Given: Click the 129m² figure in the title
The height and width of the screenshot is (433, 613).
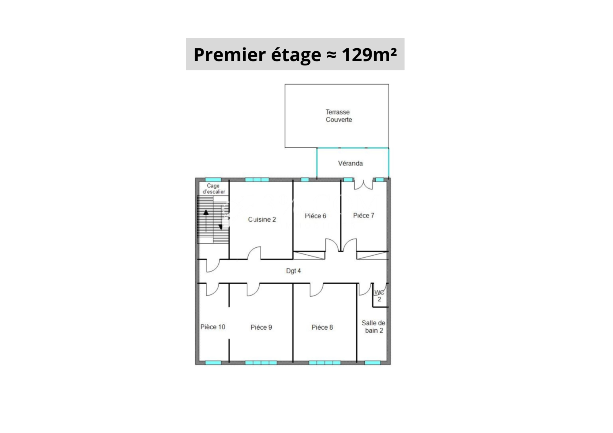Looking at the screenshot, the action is tap(369, 54).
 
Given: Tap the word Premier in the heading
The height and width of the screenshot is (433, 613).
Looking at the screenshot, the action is tap(229, 54).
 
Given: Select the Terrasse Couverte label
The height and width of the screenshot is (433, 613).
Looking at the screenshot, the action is tap(339, 116).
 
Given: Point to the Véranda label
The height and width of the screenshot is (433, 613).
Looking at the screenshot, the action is tap(350, 163).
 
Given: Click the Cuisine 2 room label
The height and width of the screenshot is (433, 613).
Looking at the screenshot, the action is tap(262, 219).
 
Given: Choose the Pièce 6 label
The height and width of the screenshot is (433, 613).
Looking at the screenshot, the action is tap(315, 216).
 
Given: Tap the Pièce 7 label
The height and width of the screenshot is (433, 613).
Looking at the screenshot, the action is tap(364, 216).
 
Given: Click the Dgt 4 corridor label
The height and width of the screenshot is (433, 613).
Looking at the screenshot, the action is tap(293, 271).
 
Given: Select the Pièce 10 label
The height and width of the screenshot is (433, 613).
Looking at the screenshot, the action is tap(213, 327).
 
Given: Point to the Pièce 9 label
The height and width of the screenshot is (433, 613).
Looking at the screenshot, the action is tap(261, 327).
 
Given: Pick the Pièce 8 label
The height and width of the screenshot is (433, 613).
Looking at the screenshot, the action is tap(322, 327).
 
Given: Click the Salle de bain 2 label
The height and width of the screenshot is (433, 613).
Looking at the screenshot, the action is tap(374, 327).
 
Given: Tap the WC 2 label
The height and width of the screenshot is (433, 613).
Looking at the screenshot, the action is tap(379, 296).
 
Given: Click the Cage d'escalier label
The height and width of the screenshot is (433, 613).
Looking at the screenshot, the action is tap(213, 189).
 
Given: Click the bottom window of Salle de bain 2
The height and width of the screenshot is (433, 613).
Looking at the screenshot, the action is tap(373, 363).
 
